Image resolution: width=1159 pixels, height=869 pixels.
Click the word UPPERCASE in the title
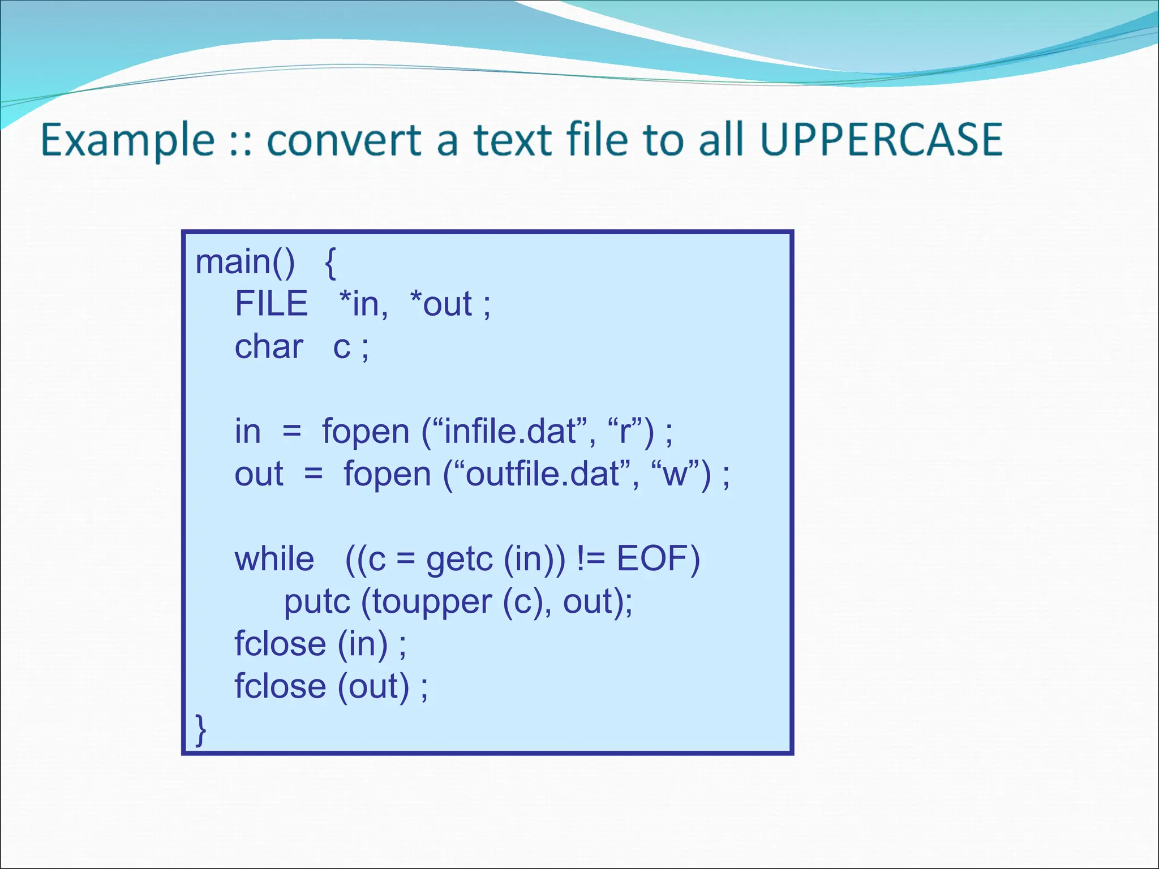pyautogui.click(x=881, y=140)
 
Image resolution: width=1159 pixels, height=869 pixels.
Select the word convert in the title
pyautogui.click(x=344, y=140)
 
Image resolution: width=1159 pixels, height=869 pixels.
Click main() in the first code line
pyautogui.click(x=244, y=262)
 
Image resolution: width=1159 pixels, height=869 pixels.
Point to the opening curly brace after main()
pyautogui.click(x=330, y=263)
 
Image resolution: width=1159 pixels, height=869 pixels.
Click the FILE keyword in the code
pyautogui.click(x=271, y=304)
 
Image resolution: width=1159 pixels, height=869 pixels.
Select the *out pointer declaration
pyautogui.click(x=440, y=304)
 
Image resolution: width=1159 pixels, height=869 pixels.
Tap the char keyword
pyautogui.click(x=269, y=346)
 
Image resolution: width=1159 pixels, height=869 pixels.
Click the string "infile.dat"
pyautogui.click(x=510, y=432)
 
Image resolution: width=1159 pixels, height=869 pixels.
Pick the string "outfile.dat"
pyautogui.click(x=542, y=474)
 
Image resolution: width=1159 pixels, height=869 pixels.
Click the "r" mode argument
pyautogui.click(x=625, y=432)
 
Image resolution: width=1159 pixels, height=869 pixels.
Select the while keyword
pyautogui.click(x=274, y=559)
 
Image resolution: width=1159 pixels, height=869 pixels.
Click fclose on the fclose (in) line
pyautogui.click(x=280, y=644)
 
